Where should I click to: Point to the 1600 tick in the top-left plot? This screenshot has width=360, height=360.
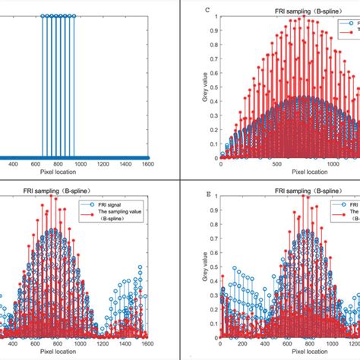(147, 161)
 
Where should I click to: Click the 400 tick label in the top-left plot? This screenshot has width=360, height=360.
(13, 161)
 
